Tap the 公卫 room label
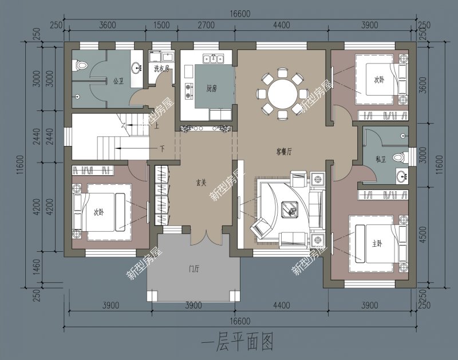click(119, 81)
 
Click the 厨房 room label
click(212, 88)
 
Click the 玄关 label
click(201, 183)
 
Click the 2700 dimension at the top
click(206, 25)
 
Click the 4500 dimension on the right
click(423, 236)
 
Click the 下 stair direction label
click(162, 149)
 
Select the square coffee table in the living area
click(293, 211)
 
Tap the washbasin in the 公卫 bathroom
click(137, 68)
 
